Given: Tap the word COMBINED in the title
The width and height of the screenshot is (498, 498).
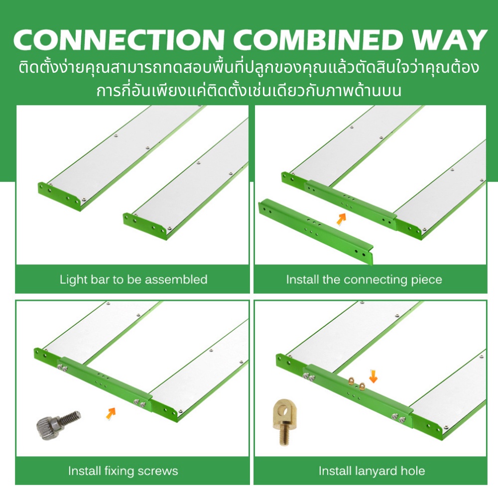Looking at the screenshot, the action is pyautogui.click(x=320, y=40).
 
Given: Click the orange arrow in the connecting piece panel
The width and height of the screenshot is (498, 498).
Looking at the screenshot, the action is pyautogui.click(x=342, y=219).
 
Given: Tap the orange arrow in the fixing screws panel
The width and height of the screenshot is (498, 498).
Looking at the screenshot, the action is pyautogui.click(x=111, y=413).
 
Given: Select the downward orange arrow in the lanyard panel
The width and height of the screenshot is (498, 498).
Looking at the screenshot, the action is pyautogui.click(x=373, y=376).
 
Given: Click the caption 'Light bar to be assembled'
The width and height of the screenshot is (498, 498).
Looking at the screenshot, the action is pyautogui.click(x=133, y=279).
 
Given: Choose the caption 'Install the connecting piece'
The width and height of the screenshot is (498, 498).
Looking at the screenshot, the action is pyautogui.click(x=364, y=280).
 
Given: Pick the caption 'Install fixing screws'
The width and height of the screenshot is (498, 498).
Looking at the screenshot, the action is pyautogui.click(x=123, y=471).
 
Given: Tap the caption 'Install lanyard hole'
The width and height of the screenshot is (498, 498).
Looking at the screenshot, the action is pyautogui.click(x=372, y=471).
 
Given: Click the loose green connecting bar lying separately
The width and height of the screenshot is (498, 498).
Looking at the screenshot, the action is pyautogui.click(x=316, y=231).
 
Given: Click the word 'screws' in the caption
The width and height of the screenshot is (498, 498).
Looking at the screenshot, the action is pyautogui.click(x=160, y=471).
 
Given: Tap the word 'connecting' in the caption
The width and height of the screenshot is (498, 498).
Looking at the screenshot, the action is pyautogui.click(x=375, y=280).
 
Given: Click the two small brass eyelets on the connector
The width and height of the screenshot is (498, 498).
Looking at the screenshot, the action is pyautogui.click(x=357, y=383).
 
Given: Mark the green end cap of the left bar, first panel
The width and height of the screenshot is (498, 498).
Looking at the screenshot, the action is pyautogui.click(x=59, y=196).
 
